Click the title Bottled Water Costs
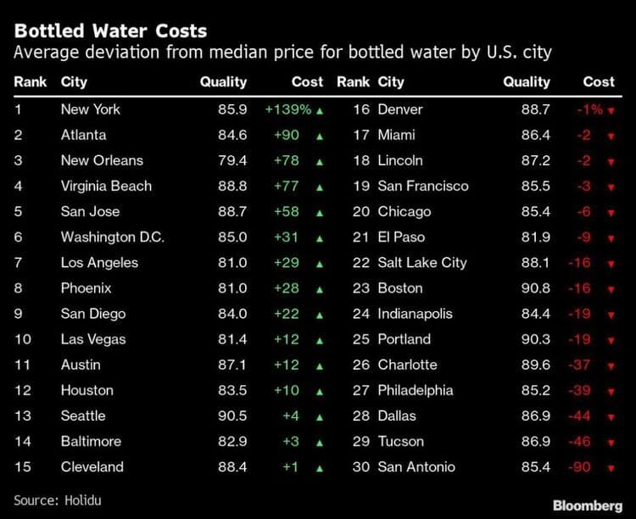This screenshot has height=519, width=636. (110, 31)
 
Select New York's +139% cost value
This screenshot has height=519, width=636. (287, 109)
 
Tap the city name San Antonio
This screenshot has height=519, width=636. (416, 466)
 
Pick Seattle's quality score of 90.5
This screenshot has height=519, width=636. (231, 416)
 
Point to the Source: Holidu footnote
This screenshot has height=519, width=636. (58, 499)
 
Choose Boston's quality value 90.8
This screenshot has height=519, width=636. (535, 288)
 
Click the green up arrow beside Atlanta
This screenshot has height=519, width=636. (319, 136)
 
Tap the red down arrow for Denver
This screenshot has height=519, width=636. (611, 110)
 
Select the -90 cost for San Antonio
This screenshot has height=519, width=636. (579, 466)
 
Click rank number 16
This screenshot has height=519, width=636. (361, 109)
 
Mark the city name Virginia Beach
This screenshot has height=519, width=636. (106, 186)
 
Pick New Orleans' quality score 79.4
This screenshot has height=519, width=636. (231, 160)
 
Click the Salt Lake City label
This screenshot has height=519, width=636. (422, 262)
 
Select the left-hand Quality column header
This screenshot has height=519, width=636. (223, 82)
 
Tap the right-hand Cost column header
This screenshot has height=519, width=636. (599, 82)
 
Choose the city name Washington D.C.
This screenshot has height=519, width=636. (112, 237)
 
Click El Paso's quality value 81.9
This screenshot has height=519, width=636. (535, 237)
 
